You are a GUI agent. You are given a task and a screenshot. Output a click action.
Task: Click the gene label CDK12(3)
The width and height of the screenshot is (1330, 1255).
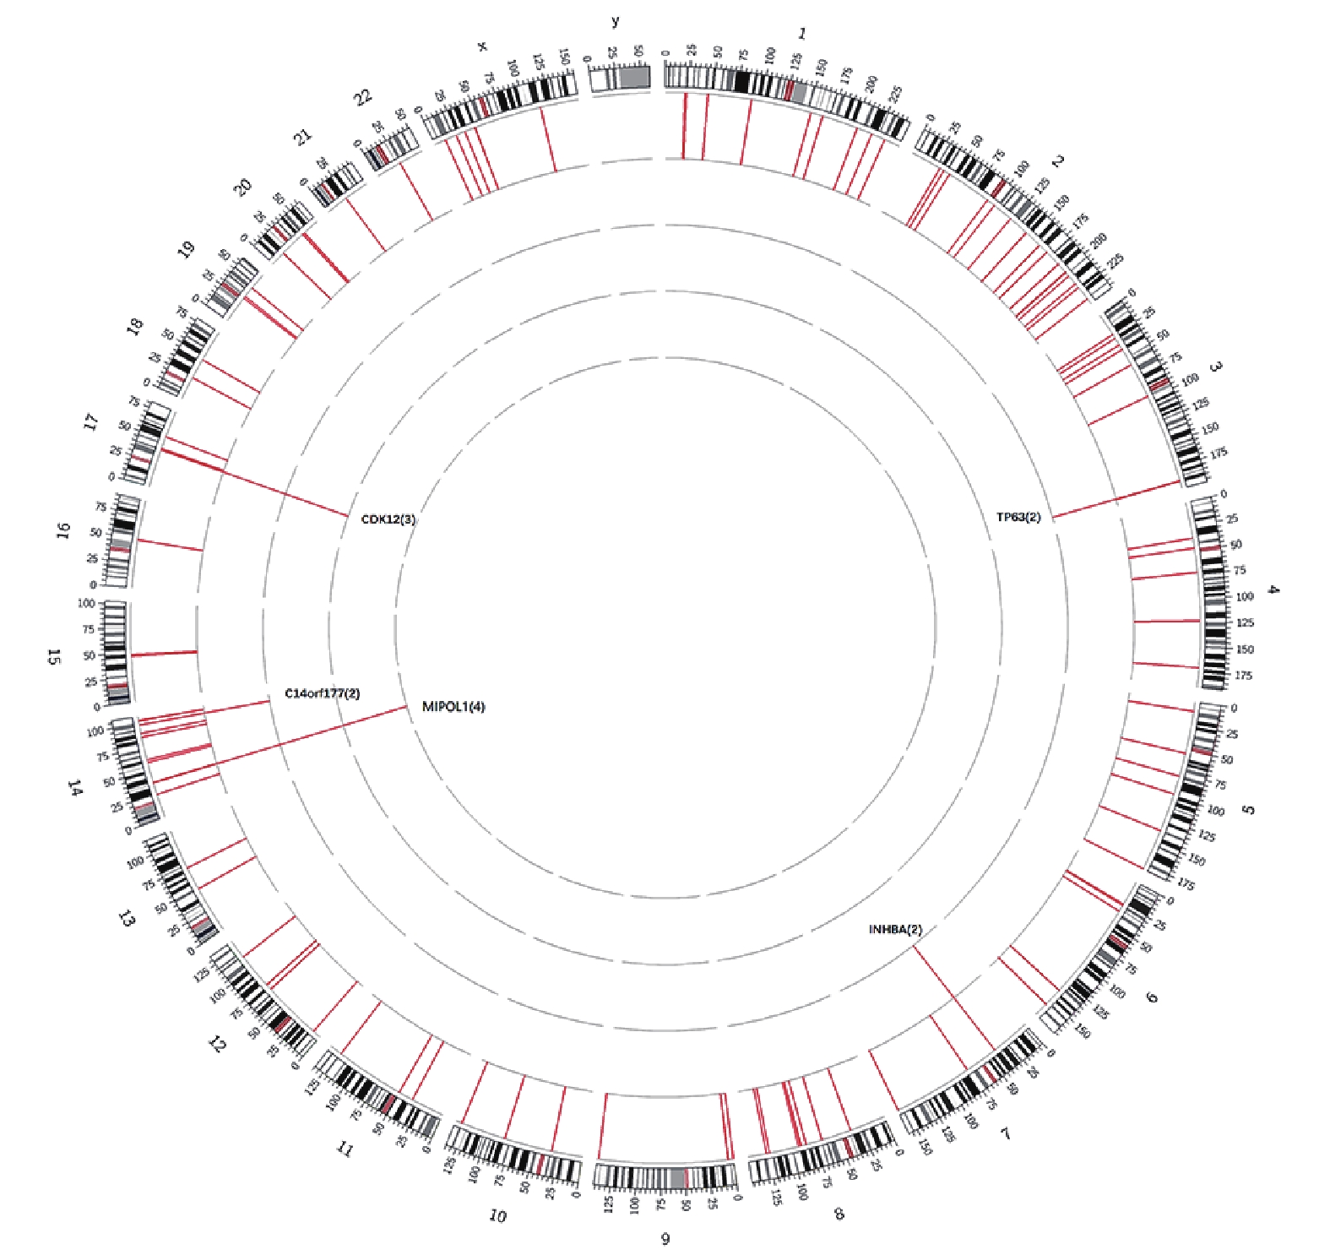click(x=388, y=519)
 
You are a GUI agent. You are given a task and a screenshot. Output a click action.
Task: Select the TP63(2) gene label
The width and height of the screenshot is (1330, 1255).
click(x=1018, y=517)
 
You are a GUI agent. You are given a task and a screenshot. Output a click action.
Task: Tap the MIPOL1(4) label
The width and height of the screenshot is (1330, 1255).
click(x=453, y=707)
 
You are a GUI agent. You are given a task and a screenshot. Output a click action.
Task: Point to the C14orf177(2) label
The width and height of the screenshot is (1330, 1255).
click(x=323, y=693)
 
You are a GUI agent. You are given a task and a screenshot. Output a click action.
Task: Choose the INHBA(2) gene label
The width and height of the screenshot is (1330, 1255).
click(x=895, y=930)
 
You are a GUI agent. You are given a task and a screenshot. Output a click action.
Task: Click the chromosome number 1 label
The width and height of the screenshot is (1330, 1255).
click(x=801, y=34)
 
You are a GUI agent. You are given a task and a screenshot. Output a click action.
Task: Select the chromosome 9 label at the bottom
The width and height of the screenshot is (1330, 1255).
click(x=665, y=1239)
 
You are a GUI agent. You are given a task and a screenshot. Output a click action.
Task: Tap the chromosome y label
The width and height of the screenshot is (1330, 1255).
click(x=615, y=22)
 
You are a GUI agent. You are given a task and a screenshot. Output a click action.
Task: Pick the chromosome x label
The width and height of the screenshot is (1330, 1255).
click(x=482, y=46)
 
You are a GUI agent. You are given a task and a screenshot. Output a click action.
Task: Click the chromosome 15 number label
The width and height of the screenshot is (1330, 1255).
click(x=54, y=656)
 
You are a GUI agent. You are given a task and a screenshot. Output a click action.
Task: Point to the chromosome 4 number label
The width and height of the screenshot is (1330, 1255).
click(x=1273, y=589)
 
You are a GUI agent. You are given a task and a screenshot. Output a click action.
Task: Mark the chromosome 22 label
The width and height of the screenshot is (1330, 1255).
click(x=362, y=98)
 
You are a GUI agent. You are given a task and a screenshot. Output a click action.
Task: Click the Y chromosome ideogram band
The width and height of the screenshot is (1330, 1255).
click(x=619, y=78)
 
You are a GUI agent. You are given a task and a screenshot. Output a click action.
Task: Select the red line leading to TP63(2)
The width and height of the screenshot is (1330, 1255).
click(x=1115, y=500)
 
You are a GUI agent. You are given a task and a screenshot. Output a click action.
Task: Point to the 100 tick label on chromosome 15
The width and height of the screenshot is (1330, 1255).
click(x=85, y=604)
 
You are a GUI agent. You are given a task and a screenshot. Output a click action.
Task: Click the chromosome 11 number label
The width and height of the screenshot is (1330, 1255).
click(x=344, y=1149)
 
